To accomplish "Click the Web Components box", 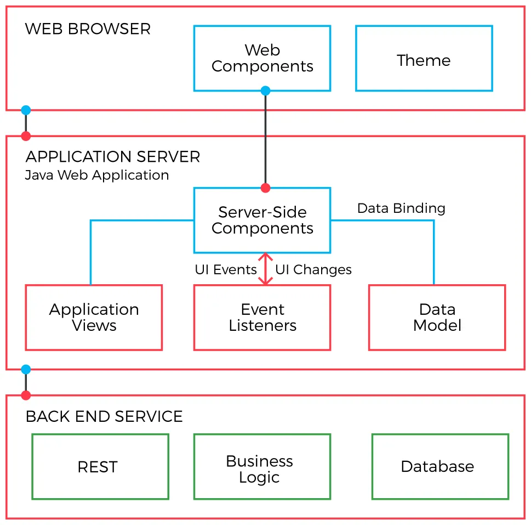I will pyautogui.click(x=262, y=58).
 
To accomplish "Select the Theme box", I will pyautogui.click(x=424, y=58).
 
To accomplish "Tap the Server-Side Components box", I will pyautogui.click(x=262, y=220).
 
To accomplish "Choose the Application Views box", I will pyautogui.click(x=94, y=317).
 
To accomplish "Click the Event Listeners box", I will pyautogui.click(x=262, y=317).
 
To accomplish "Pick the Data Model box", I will pyautogui.click(x=437, y=317).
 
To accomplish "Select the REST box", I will pyautogui.click(x=98, y=467).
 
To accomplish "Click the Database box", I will pyautogui.click(x=437, y=467).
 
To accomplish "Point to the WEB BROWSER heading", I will pyautogui.click(x=88, y=29).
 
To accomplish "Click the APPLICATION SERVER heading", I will pyautogui.click(x=113, y=157).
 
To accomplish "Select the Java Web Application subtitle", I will pyautogui.click(x=97, y=176).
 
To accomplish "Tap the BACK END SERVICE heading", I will pyautogui.click(x=104, y=416).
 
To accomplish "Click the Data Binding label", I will pyautogui.click(x=401, y=208).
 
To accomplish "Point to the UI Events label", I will pyautogui.click(x=226, y=270).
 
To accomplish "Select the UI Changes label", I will pyautogui.click(x=313, y=270).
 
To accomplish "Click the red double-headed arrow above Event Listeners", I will pyautogui.click(x=265, y=269).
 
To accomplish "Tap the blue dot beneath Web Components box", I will pyautogui.click(x=265, y=91).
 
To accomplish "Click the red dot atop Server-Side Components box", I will pyautogui.click(x=265, y=188).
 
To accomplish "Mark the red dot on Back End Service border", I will pyautogui.click(x=26, y=395).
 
